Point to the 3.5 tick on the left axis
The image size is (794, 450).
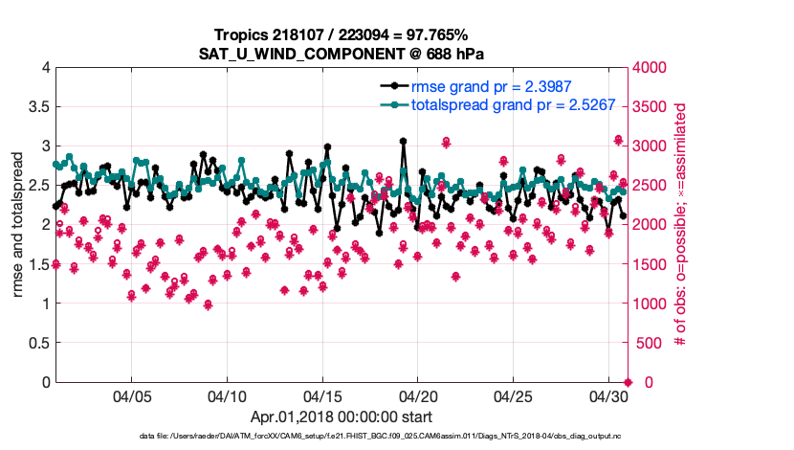[37, 107]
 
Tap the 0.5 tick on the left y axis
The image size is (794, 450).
[37, 343]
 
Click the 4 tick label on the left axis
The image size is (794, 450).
[44, 68]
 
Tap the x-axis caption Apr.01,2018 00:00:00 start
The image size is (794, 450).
[342, 416]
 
